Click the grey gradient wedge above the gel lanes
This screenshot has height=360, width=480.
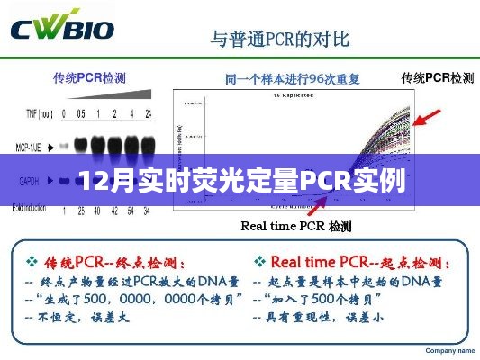coord(121,96)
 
